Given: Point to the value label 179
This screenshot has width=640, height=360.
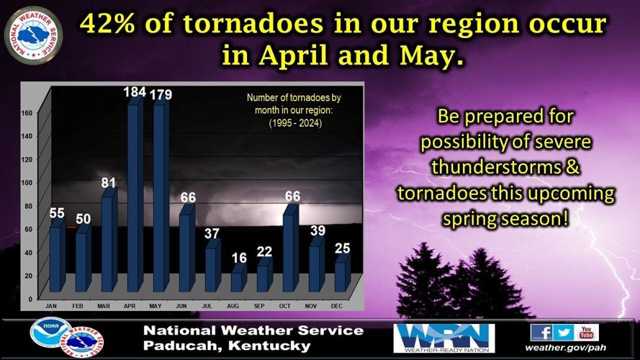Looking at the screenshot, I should (161, 94).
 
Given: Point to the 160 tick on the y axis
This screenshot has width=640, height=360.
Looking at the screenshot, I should (27, 113).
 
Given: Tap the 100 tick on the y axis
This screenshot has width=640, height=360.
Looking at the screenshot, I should (27, 182).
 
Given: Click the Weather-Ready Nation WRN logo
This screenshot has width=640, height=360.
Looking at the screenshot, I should (443, 338).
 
